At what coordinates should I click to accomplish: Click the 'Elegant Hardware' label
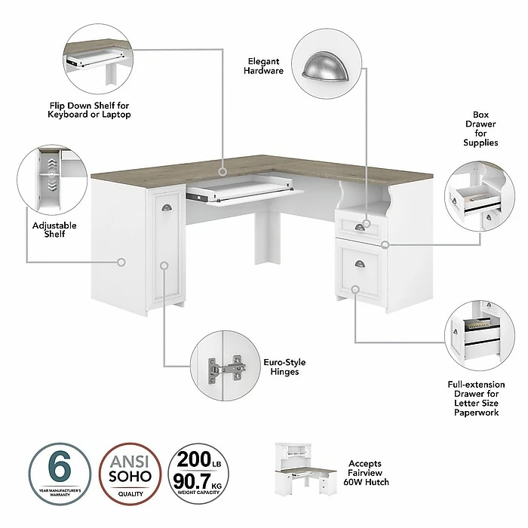(264, 65)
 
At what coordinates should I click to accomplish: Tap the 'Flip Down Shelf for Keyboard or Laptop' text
(90, 109)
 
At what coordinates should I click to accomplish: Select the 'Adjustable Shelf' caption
(48, 229)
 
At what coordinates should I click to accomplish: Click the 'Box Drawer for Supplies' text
(481, 128)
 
